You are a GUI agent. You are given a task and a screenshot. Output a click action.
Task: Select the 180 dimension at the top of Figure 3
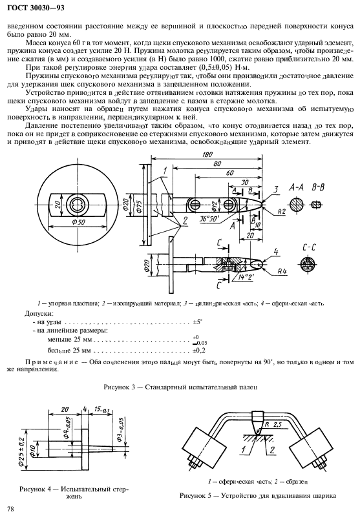(207, 156)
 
